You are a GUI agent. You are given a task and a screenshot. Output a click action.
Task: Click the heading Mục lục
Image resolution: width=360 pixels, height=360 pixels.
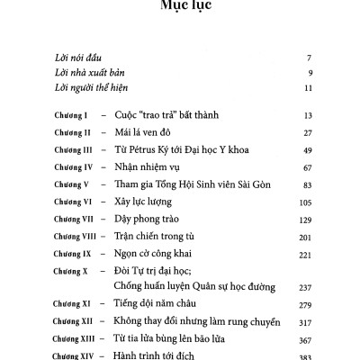coord(180,10)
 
